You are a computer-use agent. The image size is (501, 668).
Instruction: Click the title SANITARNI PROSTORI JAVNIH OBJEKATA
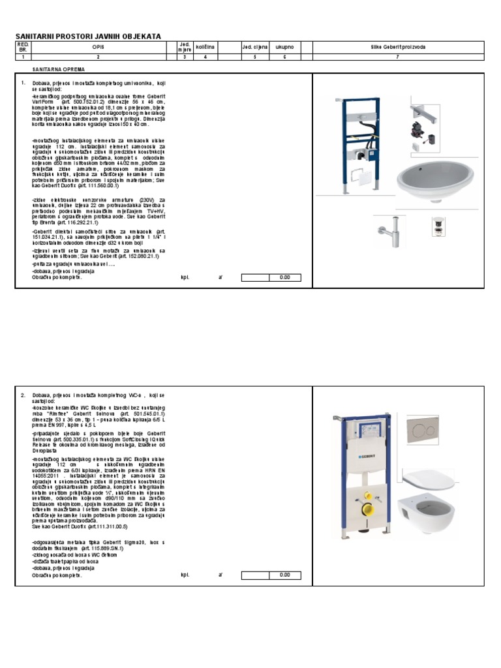tap(88, 36)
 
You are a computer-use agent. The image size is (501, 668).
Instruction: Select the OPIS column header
tap(98, 48)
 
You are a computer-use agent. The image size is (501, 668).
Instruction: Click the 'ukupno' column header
tap(284, 48)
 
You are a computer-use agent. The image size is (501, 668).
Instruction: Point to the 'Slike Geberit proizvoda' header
tap(397, 48)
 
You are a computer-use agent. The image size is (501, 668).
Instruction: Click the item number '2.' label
tap(23, 396)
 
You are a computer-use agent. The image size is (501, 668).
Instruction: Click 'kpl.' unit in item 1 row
tap(185, 277)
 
